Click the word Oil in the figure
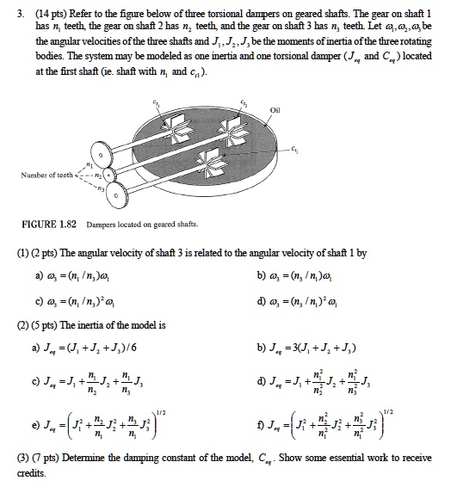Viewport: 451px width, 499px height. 275,109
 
